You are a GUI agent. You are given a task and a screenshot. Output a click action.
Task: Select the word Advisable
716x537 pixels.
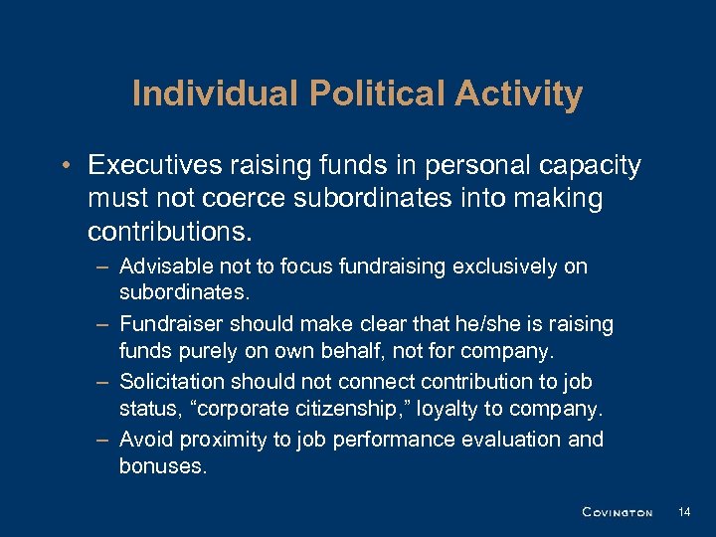click(x=162, y=267)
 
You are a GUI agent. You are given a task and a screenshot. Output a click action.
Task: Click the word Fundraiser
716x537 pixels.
click(x=171, y=324)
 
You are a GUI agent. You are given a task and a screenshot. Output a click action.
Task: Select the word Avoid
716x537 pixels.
click(x=143, y=440)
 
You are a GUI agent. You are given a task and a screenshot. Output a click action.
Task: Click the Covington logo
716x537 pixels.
click(x=617, y=512)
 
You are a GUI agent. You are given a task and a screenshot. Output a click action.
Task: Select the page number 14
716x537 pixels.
click(x=683, y=511)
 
